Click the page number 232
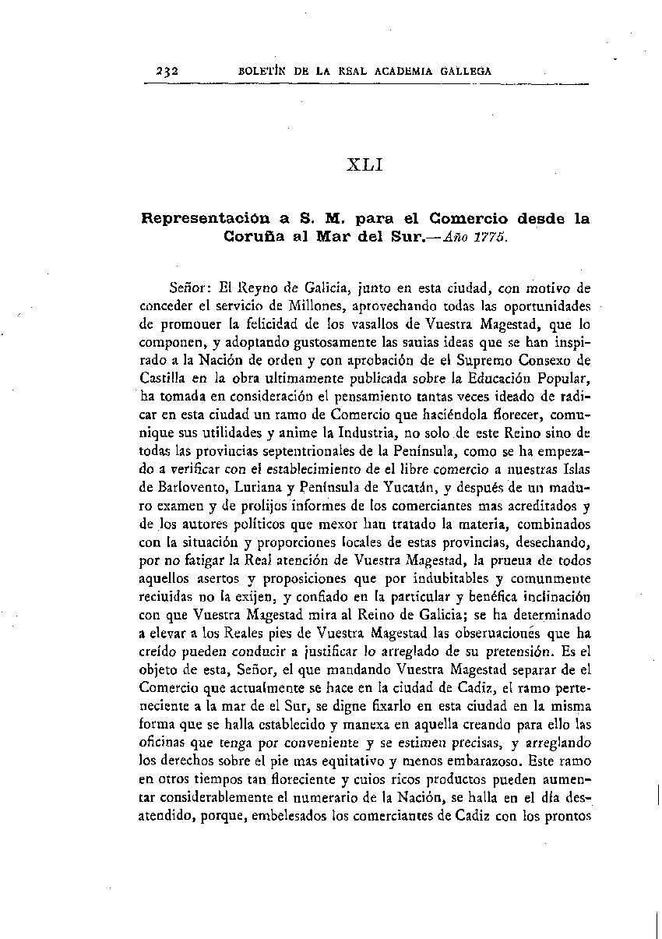pos(167,71)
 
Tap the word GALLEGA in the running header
pos(463,71)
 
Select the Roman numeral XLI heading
pos(362,165)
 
